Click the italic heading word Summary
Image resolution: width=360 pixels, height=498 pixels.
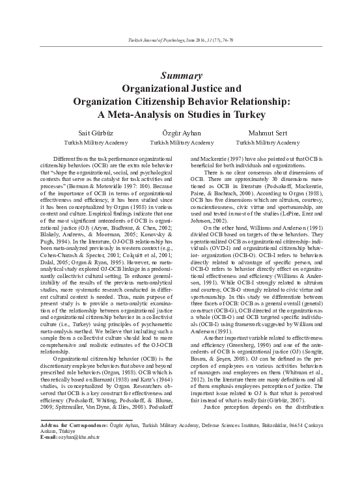[180, 75]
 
